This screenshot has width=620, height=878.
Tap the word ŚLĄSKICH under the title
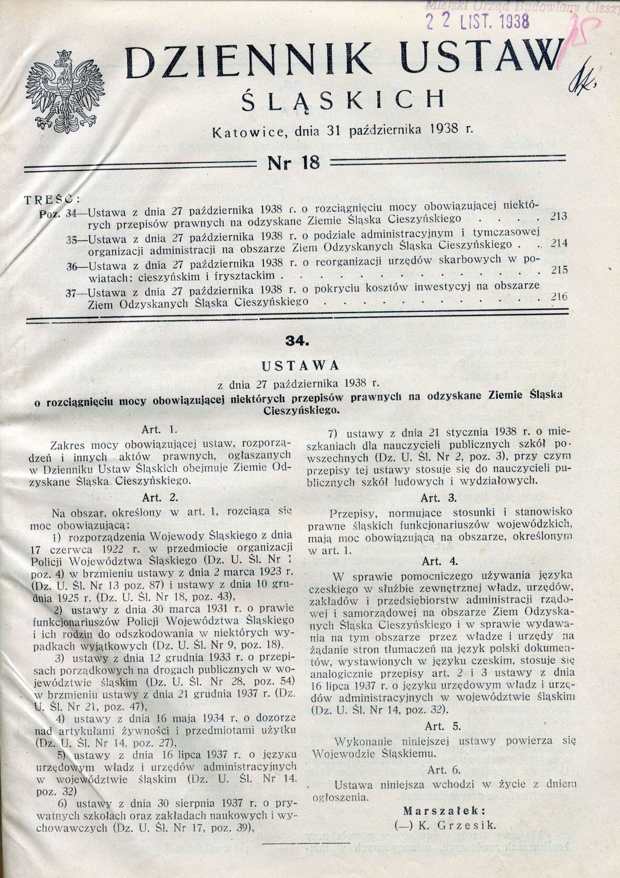[x=343, y=100]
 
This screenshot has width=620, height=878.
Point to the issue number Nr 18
[x=293, y=163]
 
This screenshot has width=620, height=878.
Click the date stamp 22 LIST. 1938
[x=476, y=21]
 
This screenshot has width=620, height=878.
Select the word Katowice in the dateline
[x=249, y=132]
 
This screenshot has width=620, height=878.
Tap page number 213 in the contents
[x=558, y=216]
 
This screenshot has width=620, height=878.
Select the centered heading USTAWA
[x=300, y=366]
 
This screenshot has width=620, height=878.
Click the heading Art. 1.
[x=161, y=429]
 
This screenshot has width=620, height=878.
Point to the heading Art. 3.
[x=439, y=498]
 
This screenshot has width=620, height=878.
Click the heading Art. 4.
[x=439, y=561]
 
